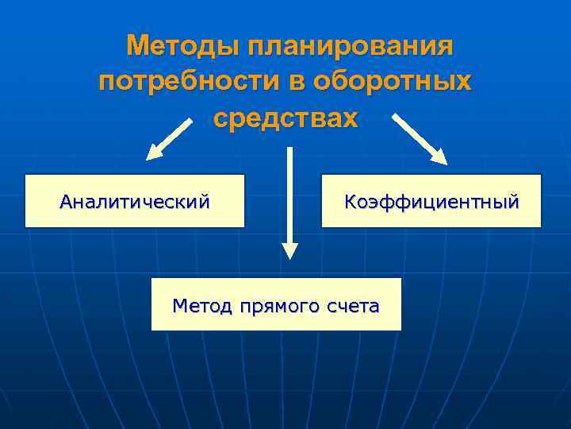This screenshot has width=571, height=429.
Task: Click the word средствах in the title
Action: pos(285,119)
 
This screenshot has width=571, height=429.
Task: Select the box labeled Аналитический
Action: pos(135,201)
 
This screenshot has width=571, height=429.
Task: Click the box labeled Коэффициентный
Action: pos(431,201)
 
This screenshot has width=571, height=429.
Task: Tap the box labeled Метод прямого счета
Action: pos(276,304)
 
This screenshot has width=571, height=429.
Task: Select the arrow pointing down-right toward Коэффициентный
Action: pos(420,139)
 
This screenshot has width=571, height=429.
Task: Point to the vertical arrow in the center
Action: pos(289,199)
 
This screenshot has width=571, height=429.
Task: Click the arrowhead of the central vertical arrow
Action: pos(290,250)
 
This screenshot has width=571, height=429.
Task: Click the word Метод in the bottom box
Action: pos(199,304)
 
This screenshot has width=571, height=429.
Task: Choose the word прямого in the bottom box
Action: pos(274,305)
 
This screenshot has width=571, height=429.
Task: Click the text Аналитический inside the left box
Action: pos(135,201)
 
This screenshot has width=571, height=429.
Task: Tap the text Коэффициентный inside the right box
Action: pos(431,201)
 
